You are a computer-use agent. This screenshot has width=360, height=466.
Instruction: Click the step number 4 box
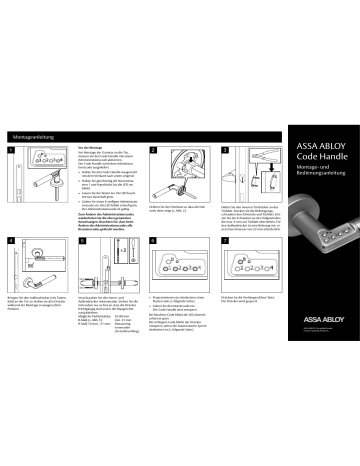point(10,242)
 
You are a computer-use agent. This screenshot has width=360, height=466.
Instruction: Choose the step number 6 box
point(153,242)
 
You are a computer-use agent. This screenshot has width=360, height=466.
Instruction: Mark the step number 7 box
point(225,242)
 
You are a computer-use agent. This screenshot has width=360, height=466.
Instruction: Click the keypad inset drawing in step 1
point(46,160)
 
